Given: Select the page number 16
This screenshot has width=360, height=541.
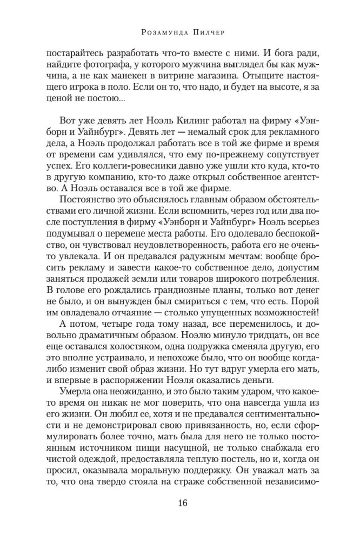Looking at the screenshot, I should [x=182, y=504].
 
